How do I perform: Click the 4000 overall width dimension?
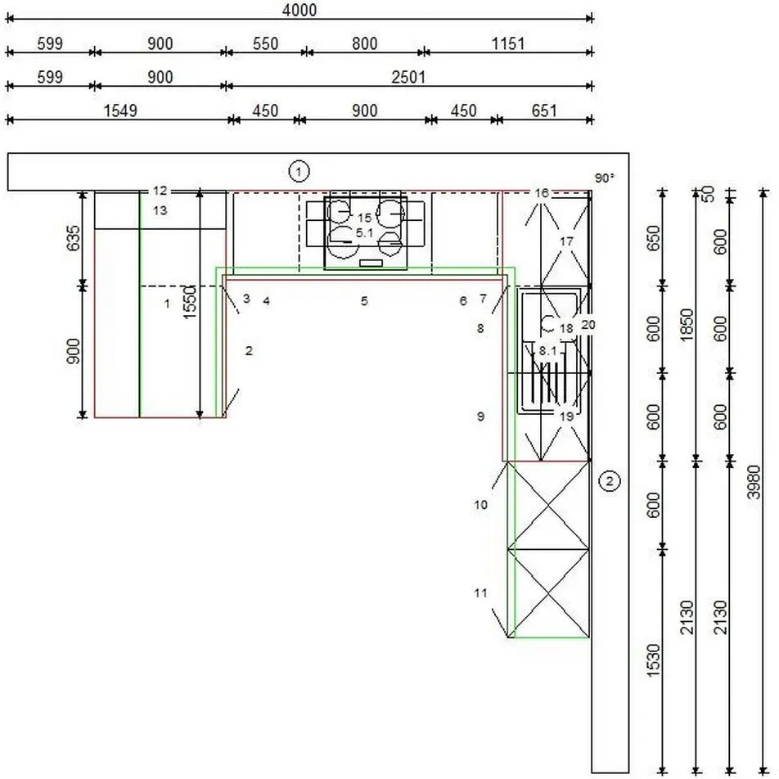299,10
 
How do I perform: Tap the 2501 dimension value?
408,78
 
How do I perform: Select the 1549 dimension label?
120,110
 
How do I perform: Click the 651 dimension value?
544,110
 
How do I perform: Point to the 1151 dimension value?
507,43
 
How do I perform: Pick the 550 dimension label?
265,43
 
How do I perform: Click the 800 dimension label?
365,43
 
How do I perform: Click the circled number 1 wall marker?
299,171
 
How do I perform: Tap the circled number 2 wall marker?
610,480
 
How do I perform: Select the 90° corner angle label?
605,178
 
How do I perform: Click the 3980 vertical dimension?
754,481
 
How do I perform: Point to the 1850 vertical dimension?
687,326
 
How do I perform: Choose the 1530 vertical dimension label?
654,660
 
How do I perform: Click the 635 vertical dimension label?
73,238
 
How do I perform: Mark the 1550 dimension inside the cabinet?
190,302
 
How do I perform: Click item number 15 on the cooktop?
364,218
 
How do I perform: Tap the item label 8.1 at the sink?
548,351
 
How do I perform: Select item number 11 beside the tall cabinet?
480,592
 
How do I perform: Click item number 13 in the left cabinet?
160,210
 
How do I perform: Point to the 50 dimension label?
709,194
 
